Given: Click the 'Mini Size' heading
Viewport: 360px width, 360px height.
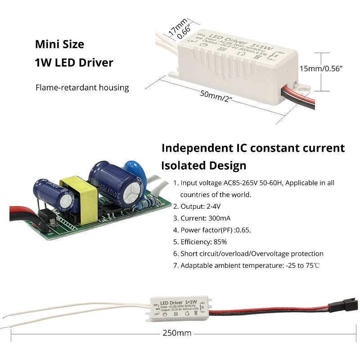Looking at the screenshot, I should click(x=59, y=45).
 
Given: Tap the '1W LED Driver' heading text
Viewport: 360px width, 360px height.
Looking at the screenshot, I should click(x=74, y=63).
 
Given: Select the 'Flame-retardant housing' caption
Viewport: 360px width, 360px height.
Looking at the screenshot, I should click(x=82, y=87).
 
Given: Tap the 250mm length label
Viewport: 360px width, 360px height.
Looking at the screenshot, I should click(x=177, y=333).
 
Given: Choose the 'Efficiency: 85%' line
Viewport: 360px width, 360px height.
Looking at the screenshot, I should click(x=203, y=242).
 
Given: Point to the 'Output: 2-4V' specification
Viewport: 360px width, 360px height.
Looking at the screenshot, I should click(x=200, y=206).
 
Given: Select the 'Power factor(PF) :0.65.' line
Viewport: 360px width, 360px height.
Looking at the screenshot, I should click(x=216, y=230).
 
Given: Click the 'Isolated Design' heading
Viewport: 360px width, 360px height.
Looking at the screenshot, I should click(x=204, y=165).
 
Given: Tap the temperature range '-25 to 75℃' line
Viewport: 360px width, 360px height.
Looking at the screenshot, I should click(x=250, y=265).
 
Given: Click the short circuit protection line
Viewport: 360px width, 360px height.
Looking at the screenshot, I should click(x=252, y=254).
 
